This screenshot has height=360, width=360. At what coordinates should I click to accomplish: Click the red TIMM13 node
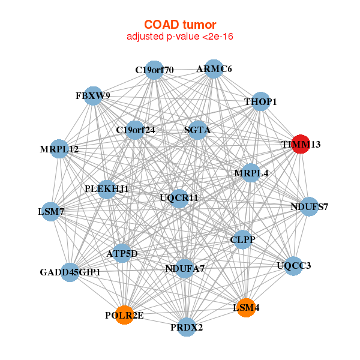click(x=300, y=144)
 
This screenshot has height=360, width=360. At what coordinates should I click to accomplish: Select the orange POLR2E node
click(x=125, y=314)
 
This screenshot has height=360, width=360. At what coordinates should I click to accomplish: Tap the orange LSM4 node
click(x=247, y=308)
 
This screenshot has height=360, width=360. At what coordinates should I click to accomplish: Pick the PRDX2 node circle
click(x=187, y=327)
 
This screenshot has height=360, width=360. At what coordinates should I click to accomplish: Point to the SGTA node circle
click(x=198, y=130)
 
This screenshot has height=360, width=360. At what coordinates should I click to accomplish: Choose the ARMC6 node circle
click(x=214, y=69)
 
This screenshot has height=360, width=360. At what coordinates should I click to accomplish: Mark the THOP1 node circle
click(x=260, y=102)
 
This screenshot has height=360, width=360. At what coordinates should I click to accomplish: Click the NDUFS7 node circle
click(x=309, y=207)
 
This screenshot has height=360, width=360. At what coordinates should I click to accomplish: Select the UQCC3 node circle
click(x=293, y=265)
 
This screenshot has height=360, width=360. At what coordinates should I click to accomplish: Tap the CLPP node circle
click(x=242, y=239)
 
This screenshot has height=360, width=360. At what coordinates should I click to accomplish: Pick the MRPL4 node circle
click(x=251, y=173)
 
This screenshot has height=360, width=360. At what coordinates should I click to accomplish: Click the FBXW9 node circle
click(x=93, y=95)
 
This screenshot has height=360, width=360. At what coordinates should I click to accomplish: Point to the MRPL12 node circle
click(x=59, y=149)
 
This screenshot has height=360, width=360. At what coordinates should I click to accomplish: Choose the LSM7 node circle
click(x=51, y=211)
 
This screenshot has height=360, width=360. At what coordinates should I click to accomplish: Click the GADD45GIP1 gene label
click(x=70, y=272)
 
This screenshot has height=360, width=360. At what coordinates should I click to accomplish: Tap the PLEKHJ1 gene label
click(x=107, y=189)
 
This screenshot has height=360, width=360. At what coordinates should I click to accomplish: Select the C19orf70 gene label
click(x=154, y=70)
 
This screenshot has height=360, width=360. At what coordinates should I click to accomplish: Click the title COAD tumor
click(x=179, y=25)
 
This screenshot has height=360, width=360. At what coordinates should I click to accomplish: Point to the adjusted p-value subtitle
click(x=179, y=37)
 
